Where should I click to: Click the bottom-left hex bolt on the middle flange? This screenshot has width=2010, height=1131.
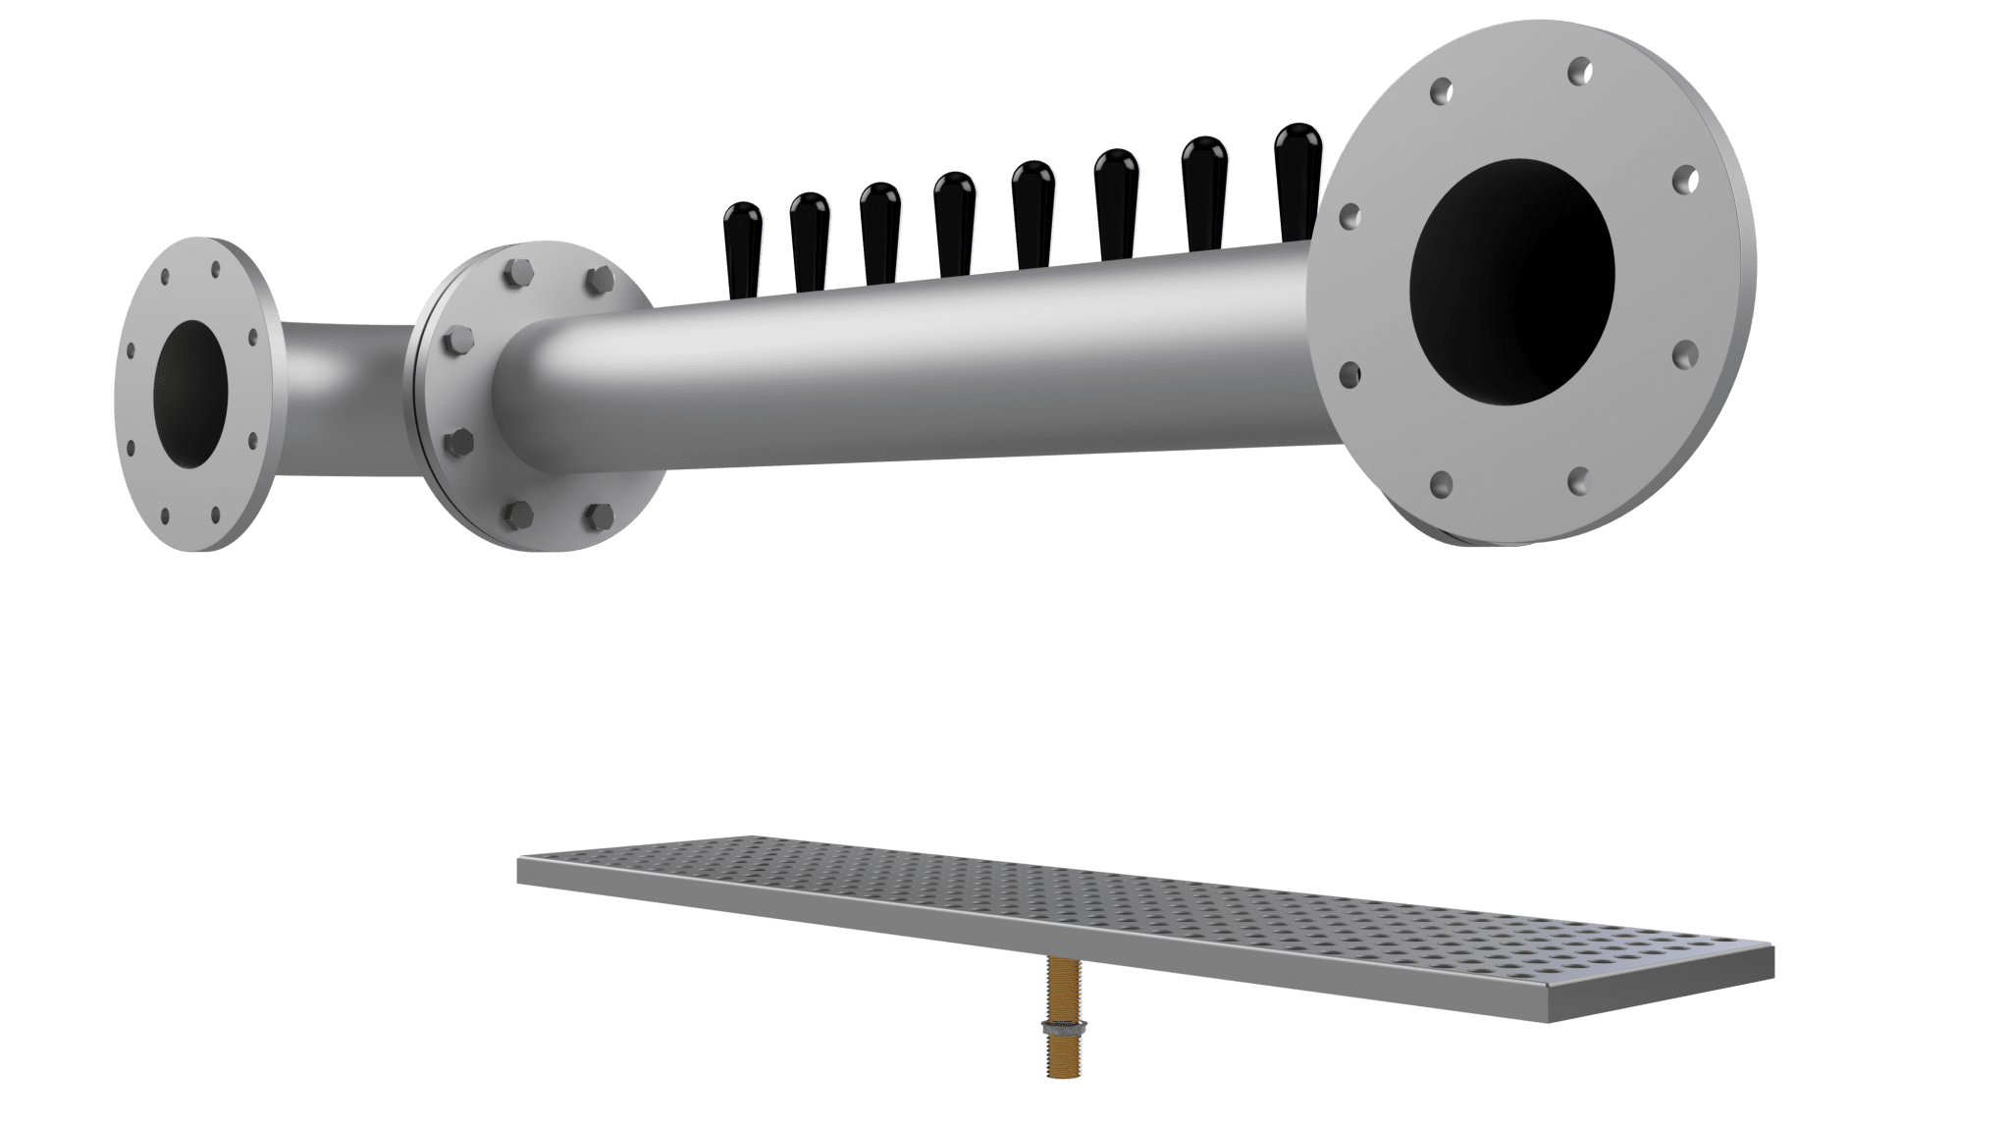point(516,512)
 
